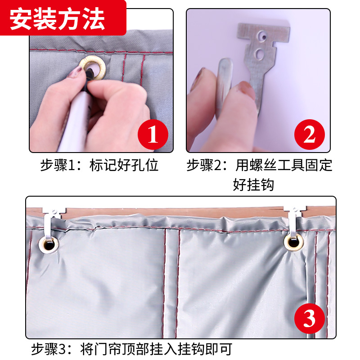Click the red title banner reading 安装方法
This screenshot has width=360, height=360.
pos(63,18)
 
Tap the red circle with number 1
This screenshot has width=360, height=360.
pos(153,135)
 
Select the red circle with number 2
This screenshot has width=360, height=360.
pos(310,135)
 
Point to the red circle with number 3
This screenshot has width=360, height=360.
pos(310,319)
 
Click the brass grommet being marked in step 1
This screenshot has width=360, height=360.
pos(93,68)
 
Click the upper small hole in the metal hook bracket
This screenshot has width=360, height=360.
pos(262,36)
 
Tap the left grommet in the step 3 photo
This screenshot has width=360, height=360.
pos(49,245)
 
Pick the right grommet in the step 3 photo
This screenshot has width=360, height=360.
pos(294,242)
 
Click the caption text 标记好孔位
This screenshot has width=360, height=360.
pos(124,165)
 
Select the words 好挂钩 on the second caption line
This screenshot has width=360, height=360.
pos(253,184)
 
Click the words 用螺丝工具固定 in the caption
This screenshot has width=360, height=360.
pos(284,165)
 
